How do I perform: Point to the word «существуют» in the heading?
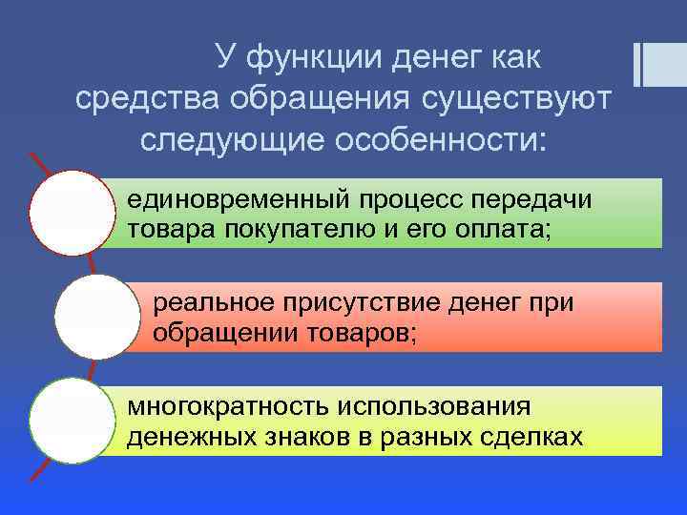(x=517, y=99)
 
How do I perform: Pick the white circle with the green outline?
(x=72, y=421)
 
